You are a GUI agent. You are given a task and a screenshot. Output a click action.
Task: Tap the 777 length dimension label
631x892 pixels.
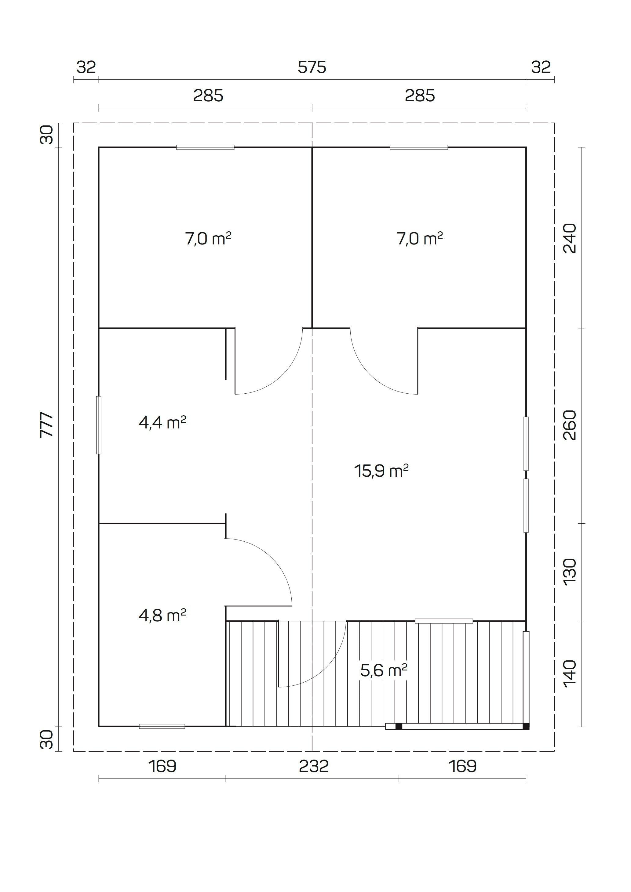47,425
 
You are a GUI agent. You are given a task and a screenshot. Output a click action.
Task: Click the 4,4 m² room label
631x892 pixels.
162,422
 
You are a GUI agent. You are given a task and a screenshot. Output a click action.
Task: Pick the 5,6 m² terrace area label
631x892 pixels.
383,670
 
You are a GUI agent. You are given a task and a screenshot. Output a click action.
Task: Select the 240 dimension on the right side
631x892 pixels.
570,238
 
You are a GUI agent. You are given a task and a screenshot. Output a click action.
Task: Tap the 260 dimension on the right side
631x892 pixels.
570,425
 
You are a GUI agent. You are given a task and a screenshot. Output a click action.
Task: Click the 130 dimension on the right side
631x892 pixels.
570,572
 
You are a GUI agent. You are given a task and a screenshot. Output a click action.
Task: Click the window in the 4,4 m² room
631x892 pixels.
99,425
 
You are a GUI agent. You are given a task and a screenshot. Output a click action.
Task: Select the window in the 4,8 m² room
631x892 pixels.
162,726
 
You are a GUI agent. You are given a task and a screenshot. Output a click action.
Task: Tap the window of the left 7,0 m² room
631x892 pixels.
205,147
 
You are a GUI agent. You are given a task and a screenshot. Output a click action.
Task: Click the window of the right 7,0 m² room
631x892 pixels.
419,147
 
